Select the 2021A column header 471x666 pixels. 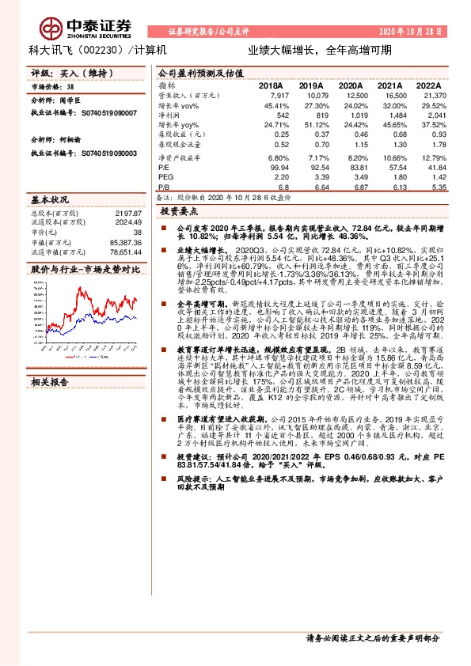point(389,85)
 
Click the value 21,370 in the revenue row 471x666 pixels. point(428,95)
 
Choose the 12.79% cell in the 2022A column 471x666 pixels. point(430,158)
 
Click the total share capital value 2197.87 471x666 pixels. point(127,214)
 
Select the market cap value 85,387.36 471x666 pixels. point(125,241)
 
